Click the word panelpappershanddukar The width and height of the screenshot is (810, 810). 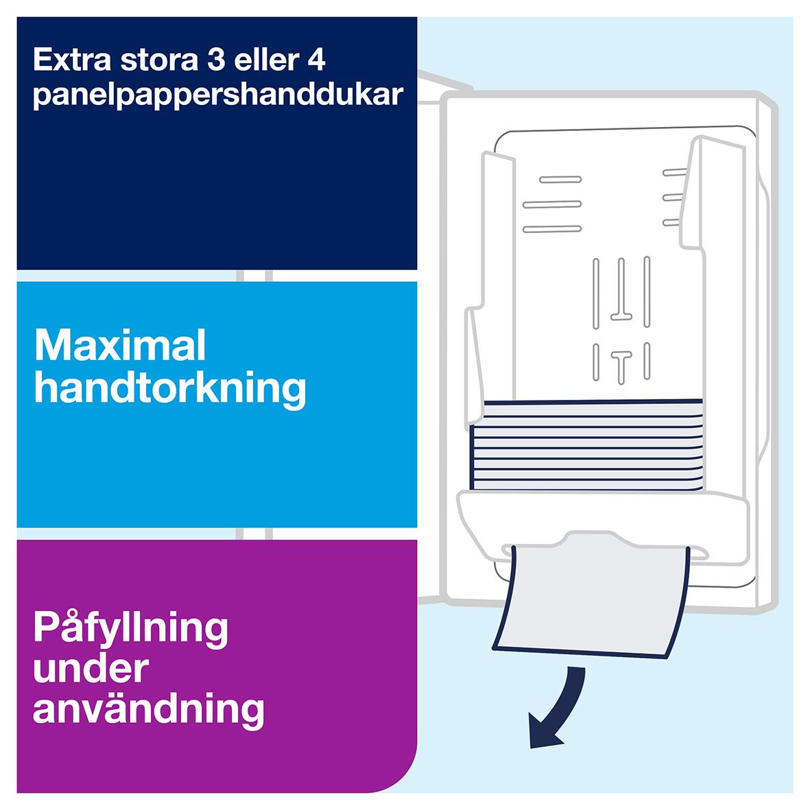pyautogui.click(x=217, y=95)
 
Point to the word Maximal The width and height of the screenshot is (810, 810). pyautogui.click(x=120, y=346)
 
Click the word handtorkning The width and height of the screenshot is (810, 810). pyautogui.click(x=169, y=389)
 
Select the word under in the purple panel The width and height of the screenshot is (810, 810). pyautogui.click(x=91, y=669)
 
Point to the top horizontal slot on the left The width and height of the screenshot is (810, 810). pyautogui.click(x=560, y=180)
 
